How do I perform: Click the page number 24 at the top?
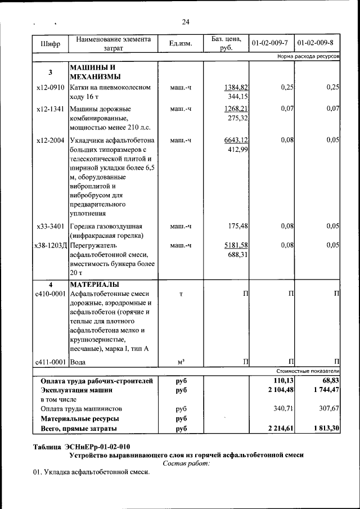186,22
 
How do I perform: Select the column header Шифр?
50,44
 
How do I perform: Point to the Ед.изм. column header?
180,44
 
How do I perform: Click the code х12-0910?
50,88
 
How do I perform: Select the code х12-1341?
50,109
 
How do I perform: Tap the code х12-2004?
50,140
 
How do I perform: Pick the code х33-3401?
50,226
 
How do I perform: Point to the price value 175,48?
238,226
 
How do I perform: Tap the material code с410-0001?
50,294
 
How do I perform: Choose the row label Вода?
79,362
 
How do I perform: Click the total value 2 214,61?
280,429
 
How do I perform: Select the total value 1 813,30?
326,429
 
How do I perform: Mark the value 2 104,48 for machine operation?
280,390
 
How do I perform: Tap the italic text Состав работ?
186,463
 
